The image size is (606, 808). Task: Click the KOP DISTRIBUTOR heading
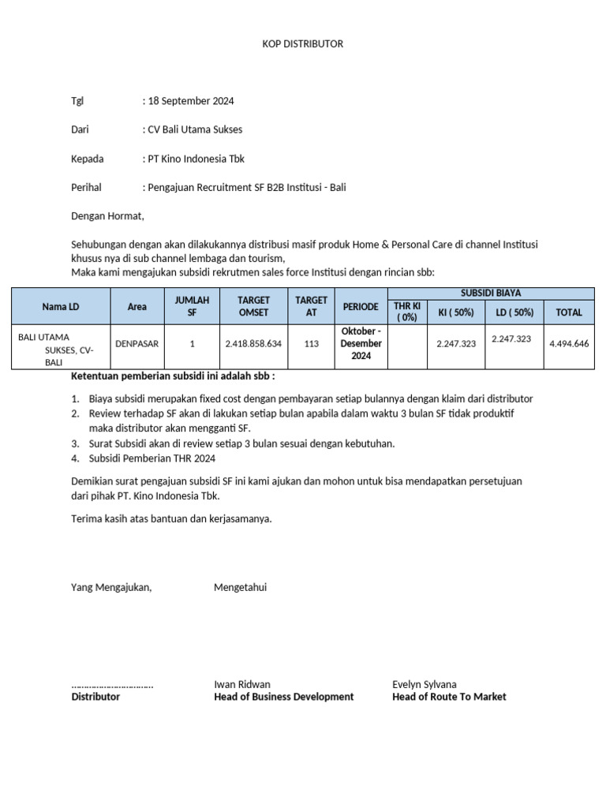(303, 44)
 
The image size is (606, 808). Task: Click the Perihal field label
(87, 187)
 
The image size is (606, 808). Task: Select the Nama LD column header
(60, 306)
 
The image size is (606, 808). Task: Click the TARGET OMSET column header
(253, 306)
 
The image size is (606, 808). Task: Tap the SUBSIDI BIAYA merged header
(491, 294)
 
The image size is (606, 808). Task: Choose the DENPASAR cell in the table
(137, 344)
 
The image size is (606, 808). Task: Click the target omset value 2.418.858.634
(253, 344)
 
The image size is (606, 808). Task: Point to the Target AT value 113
(311, 344)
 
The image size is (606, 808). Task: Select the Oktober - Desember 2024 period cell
(361, 344)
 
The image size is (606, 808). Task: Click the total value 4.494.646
(569, 344)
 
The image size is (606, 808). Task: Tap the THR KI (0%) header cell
(407, 312)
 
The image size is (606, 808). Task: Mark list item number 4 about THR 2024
(152, 458)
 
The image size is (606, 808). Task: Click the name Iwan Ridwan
(241, 684)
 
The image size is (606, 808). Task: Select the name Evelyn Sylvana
(424, 684)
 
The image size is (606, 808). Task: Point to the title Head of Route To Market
(449, 697)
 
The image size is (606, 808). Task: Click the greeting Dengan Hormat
(107, 215)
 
